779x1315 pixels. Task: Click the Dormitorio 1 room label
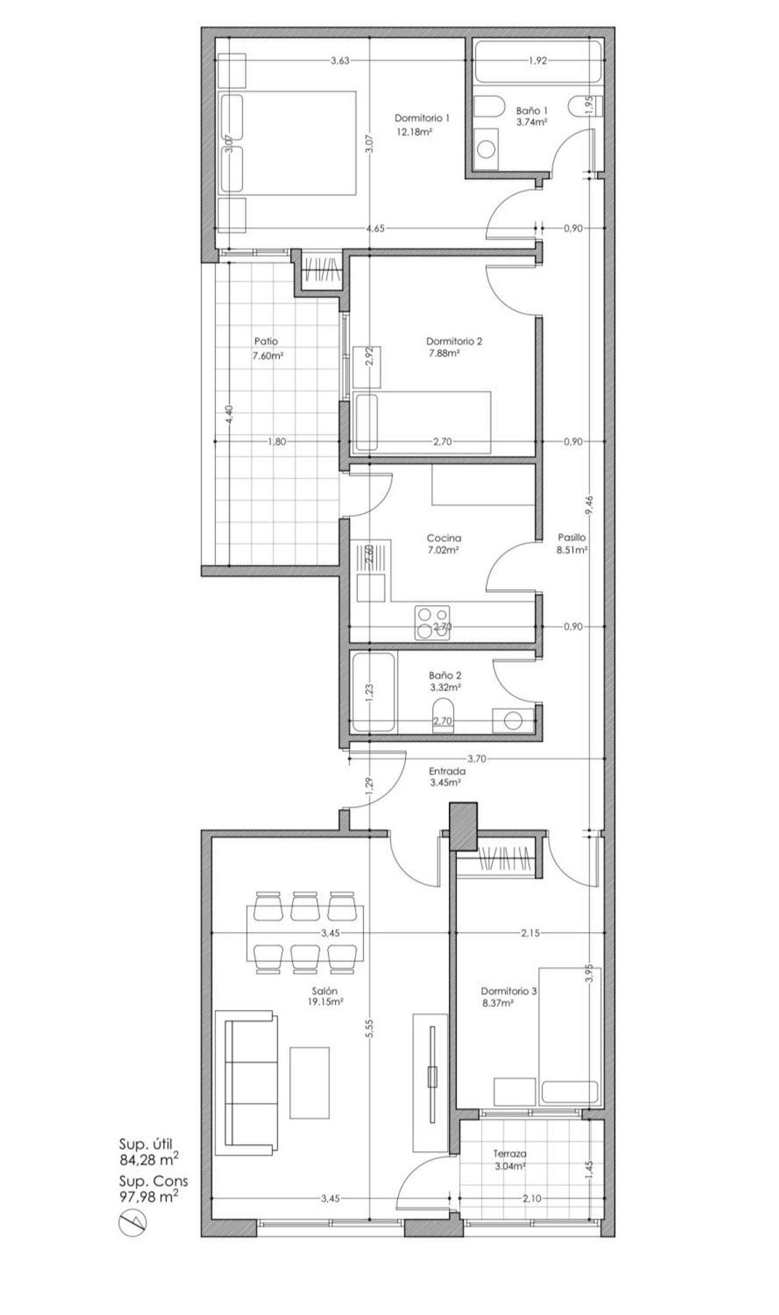click(x=422, y=118)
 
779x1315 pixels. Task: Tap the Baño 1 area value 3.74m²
click(x=532, y=123)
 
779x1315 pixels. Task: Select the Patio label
click(x=266, y=341)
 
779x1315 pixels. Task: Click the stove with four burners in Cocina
click(x=433, y=623)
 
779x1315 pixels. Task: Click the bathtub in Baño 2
click(x=374, y=692)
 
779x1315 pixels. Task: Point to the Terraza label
click(x=509, y=1154)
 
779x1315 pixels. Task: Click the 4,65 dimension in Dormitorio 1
click(x=376, y=229)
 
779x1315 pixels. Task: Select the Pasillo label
click(x=572, y=538)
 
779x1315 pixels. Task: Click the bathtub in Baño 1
click(x=538, y=61)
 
